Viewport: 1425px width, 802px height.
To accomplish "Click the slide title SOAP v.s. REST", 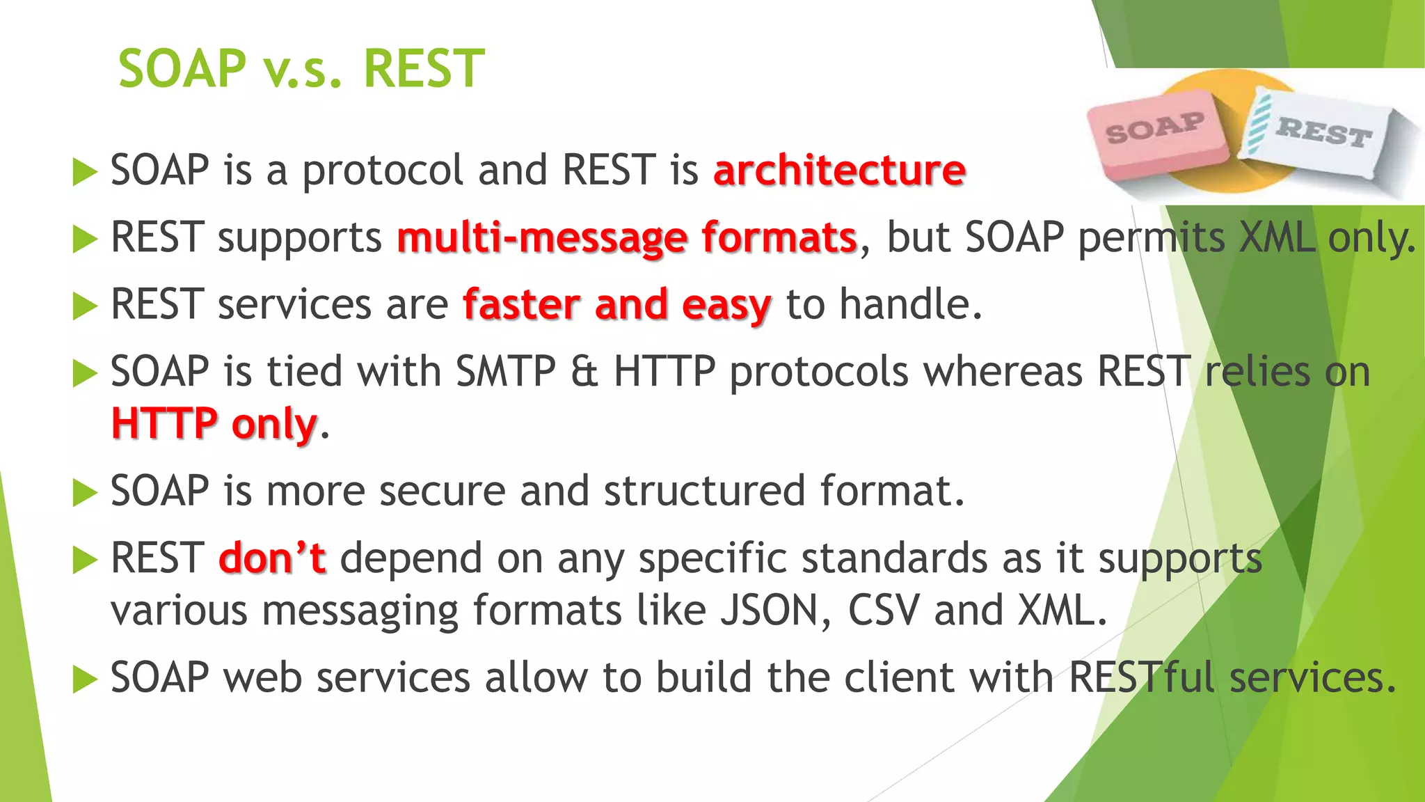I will pyautogui.click(x=301, y=69).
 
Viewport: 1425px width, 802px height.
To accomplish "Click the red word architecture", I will pyautogui.click(x=839, y=171).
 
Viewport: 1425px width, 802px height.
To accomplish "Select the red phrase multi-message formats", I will pyautogui.click(x=626, y=238).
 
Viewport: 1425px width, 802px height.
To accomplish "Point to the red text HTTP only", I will pyautogui.click(x=214, y=424).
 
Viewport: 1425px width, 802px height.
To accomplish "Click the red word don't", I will pyautogui.click(x=271, y=558).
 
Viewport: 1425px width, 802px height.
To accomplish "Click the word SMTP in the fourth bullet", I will pyautogui.click(x=505, y=372).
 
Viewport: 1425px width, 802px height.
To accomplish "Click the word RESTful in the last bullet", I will pyautogui.click(x=1141, y=677).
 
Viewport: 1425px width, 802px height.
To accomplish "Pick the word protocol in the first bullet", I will pyautogui.click(x=382, y=171).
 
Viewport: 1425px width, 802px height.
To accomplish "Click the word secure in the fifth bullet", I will pyautogui.click(x=443, y=492).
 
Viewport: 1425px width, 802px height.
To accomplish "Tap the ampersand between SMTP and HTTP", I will pyautogui.click(x=584, y=372).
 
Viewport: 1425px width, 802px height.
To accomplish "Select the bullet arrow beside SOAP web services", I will pyautogui.click(x=84, y=679).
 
